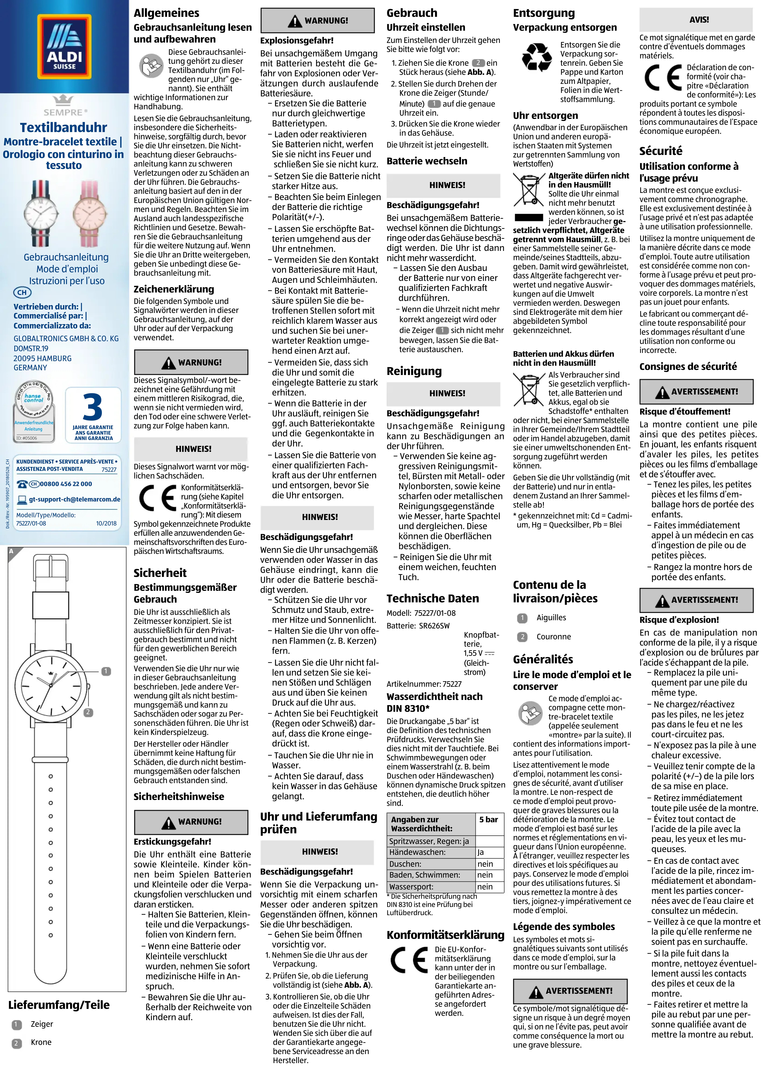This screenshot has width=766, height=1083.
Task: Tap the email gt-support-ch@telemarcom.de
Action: (x=75, y=499)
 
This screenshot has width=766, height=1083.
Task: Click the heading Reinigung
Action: (x=414, y=371)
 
